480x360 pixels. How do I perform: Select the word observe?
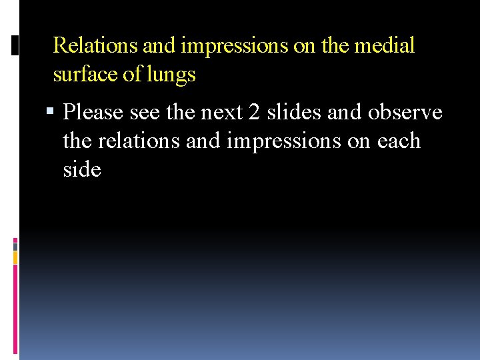[x=406, y=112]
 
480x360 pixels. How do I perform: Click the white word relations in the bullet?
[x=141, y=141]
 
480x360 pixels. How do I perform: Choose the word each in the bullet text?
[x=398, y=141]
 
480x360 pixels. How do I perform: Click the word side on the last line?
[x=82, y=169]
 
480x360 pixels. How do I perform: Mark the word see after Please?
[x=145, y=112]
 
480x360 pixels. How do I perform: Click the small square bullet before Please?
[x=55, y=113]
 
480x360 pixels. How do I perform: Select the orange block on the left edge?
[x=15, y=257]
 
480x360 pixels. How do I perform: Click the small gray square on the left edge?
[x=15, y=245]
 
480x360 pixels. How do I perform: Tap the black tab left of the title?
[x=15, y=46]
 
